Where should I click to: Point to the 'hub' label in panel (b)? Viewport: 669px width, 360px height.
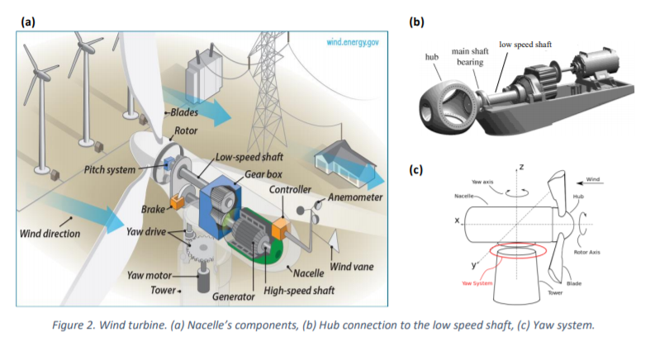tap(431, 56)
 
